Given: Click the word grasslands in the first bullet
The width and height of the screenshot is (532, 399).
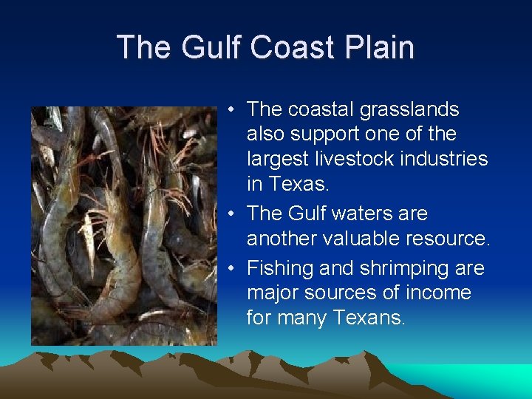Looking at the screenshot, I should pyautogui.click(x=409, y=110).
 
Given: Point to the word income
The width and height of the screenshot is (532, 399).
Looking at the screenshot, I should pyautogui.click(x=439, y=293).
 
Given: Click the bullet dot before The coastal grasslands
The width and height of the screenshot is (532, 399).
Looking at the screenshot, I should pyautogui.click(x=231, y=110).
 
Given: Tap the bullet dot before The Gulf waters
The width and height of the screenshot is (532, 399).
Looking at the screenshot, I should pyautogui.click(x=231, y=214).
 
